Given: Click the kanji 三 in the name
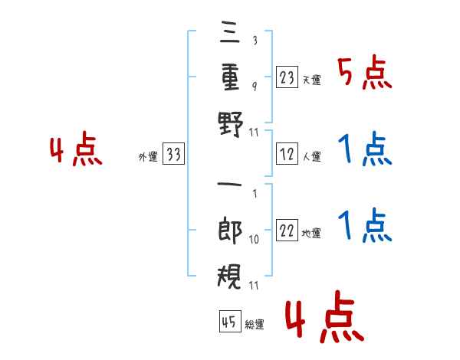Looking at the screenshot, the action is [230, 31].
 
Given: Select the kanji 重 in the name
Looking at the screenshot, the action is [230, 77].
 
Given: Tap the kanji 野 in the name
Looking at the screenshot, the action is [231, 124].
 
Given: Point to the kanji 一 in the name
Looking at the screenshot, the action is [230, 185].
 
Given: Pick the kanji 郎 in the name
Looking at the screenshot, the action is [230, 230].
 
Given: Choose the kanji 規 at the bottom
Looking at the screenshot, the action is [230, 277].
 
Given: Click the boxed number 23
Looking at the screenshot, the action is [287, 77].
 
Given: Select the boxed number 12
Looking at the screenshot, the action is [287, 154].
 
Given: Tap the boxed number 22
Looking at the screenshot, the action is [287, 230].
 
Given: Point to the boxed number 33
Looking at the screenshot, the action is [173, 153].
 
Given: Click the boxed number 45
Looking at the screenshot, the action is [230, 321].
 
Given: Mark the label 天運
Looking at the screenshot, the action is [311, 80].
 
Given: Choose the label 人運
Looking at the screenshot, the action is [311, 156].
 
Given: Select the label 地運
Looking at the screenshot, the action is [311, 234].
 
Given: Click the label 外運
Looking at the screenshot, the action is [148, 157].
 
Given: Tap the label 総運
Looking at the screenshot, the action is [255, 325].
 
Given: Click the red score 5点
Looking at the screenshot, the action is [365, 72].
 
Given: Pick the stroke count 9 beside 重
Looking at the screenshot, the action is [255, 87].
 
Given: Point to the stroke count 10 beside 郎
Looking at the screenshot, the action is [254, 240].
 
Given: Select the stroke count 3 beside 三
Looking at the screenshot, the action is [255, 40].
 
